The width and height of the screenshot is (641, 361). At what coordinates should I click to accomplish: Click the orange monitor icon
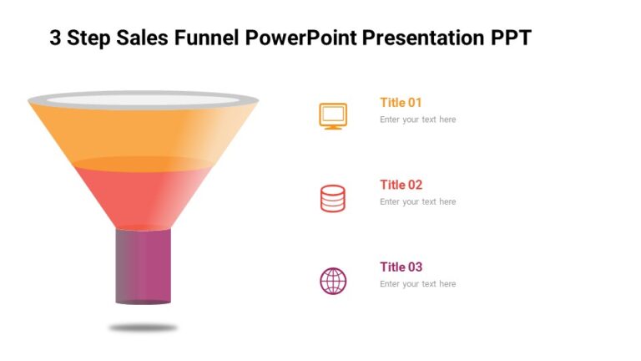333,115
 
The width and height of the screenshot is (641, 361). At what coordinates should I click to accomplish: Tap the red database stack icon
333,198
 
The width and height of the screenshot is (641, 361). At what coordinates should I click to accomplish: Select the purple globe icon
333,281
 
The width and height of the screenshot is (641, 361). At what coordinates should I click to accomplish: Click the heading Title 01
401,103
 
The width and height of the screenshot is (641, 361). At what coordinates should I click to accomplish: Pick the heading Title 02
401,185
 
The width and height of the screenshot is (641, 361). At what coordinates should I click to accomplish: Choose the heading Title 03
401,267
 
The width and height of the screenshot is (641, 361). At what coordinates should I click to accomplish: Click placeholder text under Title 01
417,119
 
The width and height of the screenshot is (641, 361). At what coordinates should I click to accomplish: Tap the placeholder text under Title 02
417,202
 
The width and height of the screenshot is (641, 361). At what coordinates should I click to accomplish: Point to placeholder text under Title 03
417,284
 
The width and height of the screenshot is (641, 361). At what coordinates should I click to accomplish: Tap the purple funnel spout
143,266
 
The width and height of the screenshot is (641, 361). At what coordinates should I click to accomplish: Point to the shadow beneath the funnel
143,328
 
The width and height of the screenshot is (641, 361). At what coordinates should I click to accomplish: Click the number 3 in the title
55,38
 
